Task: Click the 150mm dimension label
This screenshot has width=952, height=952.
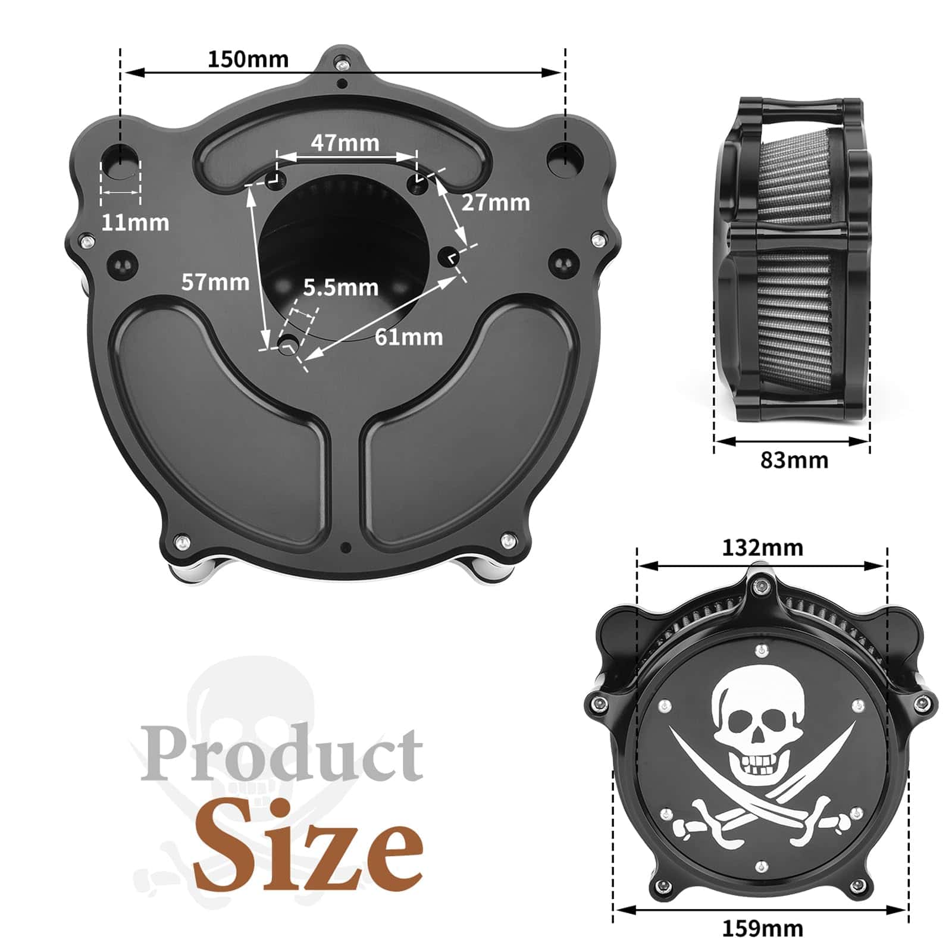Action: click(x=248, y=59)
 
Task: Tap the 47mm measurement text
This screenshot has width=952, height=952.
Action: click(x=345, y=143)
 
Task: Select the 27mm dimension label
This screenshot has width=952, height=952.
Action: click(x=496, y=202)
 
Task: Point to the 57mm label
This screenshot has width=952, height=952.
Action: click(x=215, y=281)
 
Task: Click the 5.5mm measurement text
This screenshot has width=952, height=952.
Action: click(x=341, y=287)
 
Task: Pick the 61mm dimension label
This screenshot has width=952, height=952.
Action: click(x=409, y=337)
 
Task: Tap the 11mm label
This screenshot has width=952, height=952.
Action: click(x=135, y=223)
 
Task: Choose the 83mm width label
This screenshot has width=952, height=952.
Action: click(x=794, y=460)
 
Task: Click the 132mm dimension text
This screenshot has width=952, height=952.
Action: click(x=763, y=547)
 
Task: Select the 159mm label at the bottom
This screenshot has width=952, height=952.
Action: click(x=763, y=928)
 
